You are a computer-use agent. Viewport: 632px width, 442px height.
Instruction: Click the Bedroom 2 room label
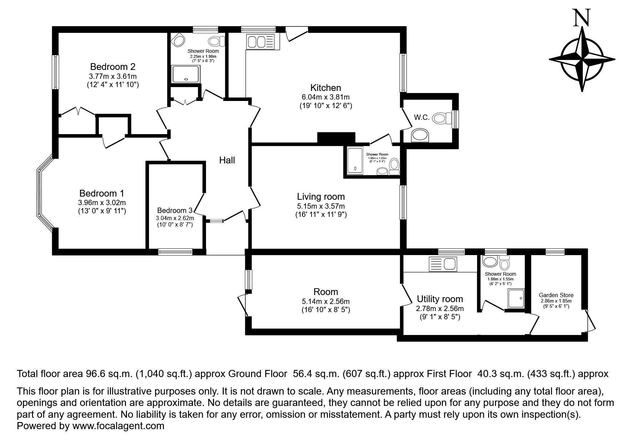click(113, 66)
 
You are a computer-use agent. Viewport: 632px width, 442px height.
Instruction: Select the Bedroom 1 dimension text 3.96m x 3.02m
click(102, 203)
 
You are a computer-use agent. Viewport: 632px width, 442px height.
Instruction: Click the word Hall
click(227, 160)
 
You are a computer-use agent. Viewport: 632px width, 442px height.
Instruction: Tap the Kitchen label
click(325, 87)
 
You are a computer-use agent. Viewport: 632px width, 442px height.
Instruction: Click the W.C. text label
click(421, 117)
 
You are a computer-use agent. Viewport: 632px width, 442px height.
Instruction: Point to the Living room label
click(321, 196)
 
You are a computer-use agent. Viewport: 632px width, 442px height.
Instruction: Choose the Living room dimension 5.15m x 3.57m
click(321, 206)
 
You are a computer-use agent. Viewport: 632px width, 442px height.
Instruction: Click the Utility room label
click(440, 299)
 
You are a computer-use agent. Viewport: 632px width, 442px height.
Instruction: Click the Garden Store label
click(556, 295)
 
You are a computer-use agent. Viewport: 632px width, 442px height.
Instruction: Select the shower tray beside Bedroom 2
click(186, 73)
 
